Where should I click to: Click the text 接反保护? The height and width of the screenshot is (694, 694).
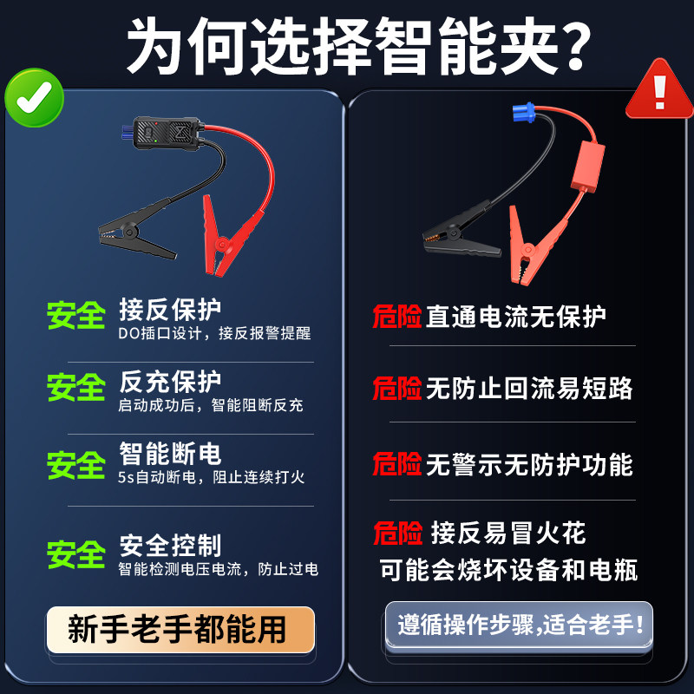tap(171, 310)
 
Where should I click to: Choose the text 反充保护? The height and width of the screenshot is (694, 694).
tap(171, 382)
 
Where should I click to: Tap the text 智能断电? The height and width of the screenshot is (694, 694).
tap(171, 453)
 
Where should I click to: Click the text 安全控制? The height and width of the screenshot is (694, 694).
tap(171, 546)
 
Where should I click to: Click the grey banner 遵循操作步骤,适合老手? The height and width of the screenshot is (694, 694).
tap(519, 625)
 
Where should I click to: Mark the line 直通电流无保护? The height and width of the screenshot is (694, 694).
tap(515, 317)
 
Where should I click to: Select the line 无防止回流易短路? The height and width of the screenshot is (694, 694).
tap(528, 388)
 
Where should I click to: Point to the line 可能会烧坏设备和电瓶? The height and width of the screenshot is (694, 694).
tap(509, 570)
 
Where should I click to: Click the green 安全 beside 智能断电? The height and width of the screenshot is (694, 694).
tap(76, 465)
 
